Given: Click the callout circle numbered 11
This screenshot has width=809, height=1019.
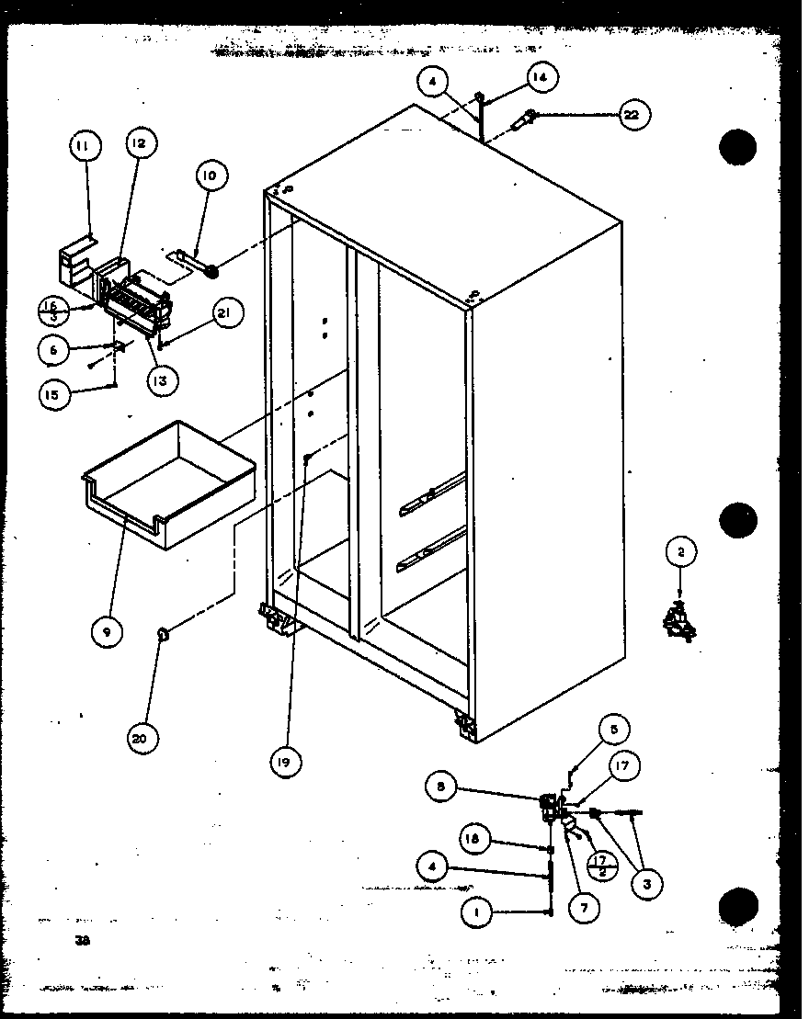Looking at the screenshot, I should click(84, 145).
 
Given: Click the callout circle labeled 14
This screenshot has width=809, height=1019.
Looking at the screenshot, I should click(541, 78).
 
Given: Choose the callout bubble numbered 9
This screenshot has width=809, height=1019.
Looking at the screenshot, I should click(106, 631).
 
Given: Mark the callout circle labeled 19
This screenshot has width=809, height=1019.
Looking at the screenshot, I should click(285, 761).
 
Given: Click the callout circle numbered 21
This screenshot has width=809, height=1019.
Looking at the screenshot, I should click(228, 314).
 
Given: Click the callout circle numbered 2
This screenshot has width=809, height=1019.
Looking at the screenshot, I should click(681, 553).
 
